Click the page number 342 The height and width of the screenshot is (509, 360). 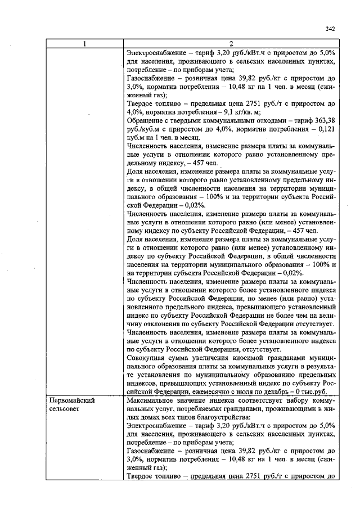tap(331, 29)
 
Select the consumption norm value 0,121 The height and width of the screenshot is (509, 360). tap(325, 128)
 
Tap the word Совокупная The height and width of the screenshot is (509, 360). tap(148, 357)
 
